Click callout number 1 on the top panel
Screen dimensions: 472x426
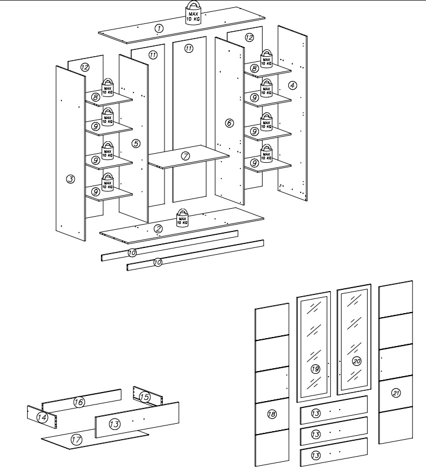(159, 28)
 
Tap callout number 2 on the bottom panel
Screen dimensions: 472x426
(158, 229)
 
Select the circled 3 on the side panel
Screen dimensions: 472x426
(70, 179)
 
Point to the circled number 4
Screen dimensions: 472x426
(293, 86)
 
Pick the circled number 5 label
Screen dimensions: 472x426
(136, 144)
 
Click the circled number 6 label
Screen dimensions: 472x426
(229, 123)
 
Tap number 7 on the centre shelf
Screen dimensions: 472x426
(185, 155)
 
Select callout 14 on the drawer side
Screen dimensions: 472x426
(41, 417)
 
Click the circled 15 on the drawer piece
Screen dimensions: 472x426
(144, 397)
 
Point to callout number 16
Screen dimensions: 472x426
(79, 402)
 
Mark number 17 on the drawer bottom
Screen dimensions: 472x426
(76, 439)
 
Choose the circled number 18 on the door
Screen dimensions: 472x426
(272, 415)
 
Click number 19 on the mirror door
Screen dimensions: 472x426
(316, 369)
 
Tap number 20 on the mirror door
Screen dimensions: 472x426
(356, 360)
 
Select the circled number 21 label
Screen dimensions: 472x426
(396, 393)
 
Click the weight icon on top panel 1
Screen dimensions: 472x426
(193, 13)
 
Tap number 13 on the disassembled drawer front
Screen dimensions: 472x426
(115, 424)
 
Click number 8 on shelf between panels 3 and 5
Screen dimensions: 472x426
(96, 98)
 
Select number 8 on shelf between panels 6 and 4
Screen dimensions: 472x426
(255, 69)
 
